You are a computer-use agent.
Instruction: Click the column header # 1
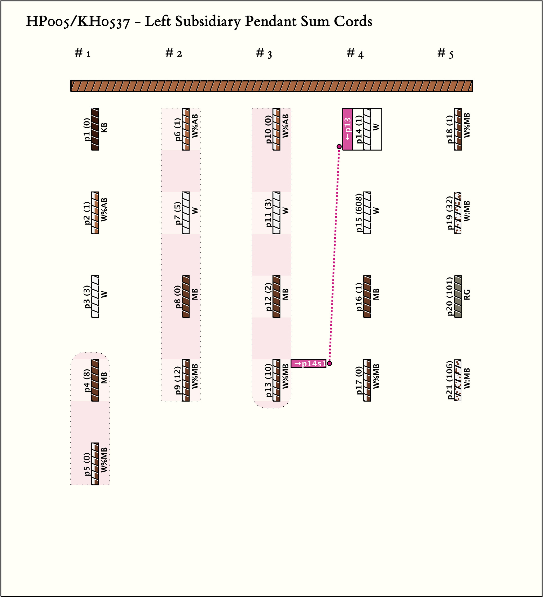(x=83, y=53)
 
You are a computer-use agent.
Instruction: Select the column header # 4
(x=355, y=54)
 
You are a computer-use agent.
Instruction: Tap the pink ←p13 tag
(x=348, y=129)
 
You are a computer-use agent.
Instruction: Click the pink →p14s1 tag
(x=309, y=363)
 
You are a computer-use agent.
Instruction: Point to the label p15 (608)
(x=359, y=213)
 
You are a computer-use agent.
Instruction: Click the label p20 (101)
(x=450, y=296)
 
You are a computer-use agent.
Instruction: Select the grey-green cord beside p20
(x=458, y=296)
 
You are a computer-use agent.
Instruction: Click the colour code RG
(x=467, y=295)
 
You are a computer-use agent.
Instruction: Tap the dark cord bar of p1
(x=95, y=129)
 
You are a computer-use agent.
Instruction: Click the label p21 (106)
(x=450, y=380)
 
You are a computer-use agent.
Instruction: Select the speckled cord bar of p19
(x=458, y=213)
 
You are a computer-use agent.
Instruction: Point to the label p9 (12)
(x=177, y=380)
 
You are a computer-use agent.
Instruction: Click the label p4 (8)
(x=87, y=380)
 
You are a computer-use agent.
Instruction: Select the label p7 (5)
(x=177, y=213)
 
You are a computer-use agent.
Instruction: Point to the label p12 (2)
(x=268, y=297)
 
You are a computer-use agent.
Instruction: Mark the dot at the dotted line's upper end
(x=339, y=147)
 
